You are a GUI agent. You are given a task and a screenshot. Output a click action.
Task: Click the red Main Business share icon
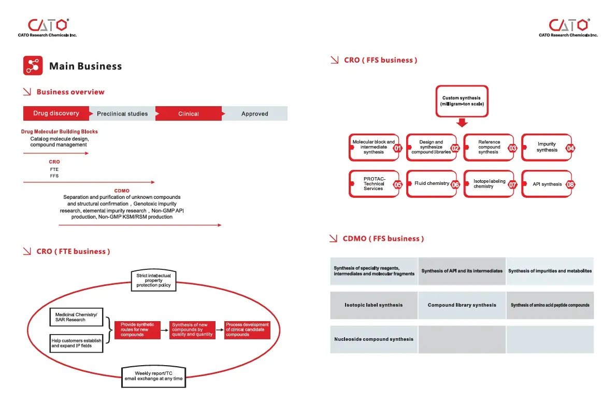pyautogui.click(x=33, y=65)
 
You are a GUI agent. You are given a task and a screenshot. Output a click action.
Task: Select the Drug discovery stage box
pyautogui.click(x=56, y=113)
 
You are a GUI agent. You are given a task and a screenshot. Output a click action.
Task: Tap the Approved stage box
pyautogui.click(x=254, y=113)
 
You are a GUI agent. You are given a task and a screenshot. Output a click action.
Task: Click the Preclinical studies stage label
pyautogui.click(x=122, y=113)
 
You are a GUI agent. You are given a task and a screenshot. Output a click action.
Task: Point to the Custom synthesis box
pyautogui.click(x=462, y=101)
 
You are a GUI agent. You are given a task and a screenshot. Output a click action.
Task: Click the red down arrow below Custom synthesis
pyautogui.click(x=462, y=123)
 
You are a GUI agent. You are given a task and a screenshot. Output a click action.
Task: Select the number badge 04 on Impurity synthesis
pyautogui.click(x=570, y=148)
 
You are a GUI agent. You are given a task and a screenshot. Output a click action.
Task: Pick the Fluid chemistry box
pyautogui.click(x=432, y=183)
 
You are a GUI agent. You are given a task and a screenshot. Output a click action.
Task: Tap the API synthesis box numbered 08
pyautogui.click(x=547, y=184)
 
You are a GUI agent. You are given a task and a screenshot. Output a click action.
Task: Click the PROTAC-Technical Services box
pyautogui.click(x=374, y=183)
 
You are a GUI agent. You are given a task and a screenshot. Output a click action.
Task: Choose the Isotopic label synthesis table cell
pyautogui.click(x=374, y=305)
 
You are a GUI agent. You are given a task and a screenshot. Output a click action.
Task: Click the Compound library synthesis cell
pyautogui.click(x=462, y=305)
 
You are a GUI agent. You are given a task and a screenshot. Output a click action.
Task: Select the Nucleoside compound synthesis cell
pyautogui.click(x=374, y=339)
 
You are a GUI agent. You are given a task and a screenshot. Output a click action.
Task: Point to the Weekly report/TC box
pyautogui.click(x=153, y=377)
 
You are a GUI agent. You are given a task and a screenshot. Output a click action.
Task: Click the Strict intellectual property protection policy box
pyautogui.click(x=153, y=280)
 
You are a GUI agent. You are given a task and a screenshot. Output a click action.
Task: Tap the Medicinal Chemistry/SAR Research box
pyautogui.click(x=77, y=317)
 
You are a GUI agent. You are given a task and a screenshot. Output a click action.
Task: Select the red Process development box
pyautogui.click(x=248, y=330)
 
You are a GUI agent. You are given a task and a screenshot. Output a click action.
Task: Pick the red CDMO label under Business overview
pyautogui.click(x=122, y=191)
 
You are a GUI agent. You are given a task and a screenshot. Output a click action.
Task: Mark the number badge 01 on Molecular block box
pyautogui.click(x=397, y=148)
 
